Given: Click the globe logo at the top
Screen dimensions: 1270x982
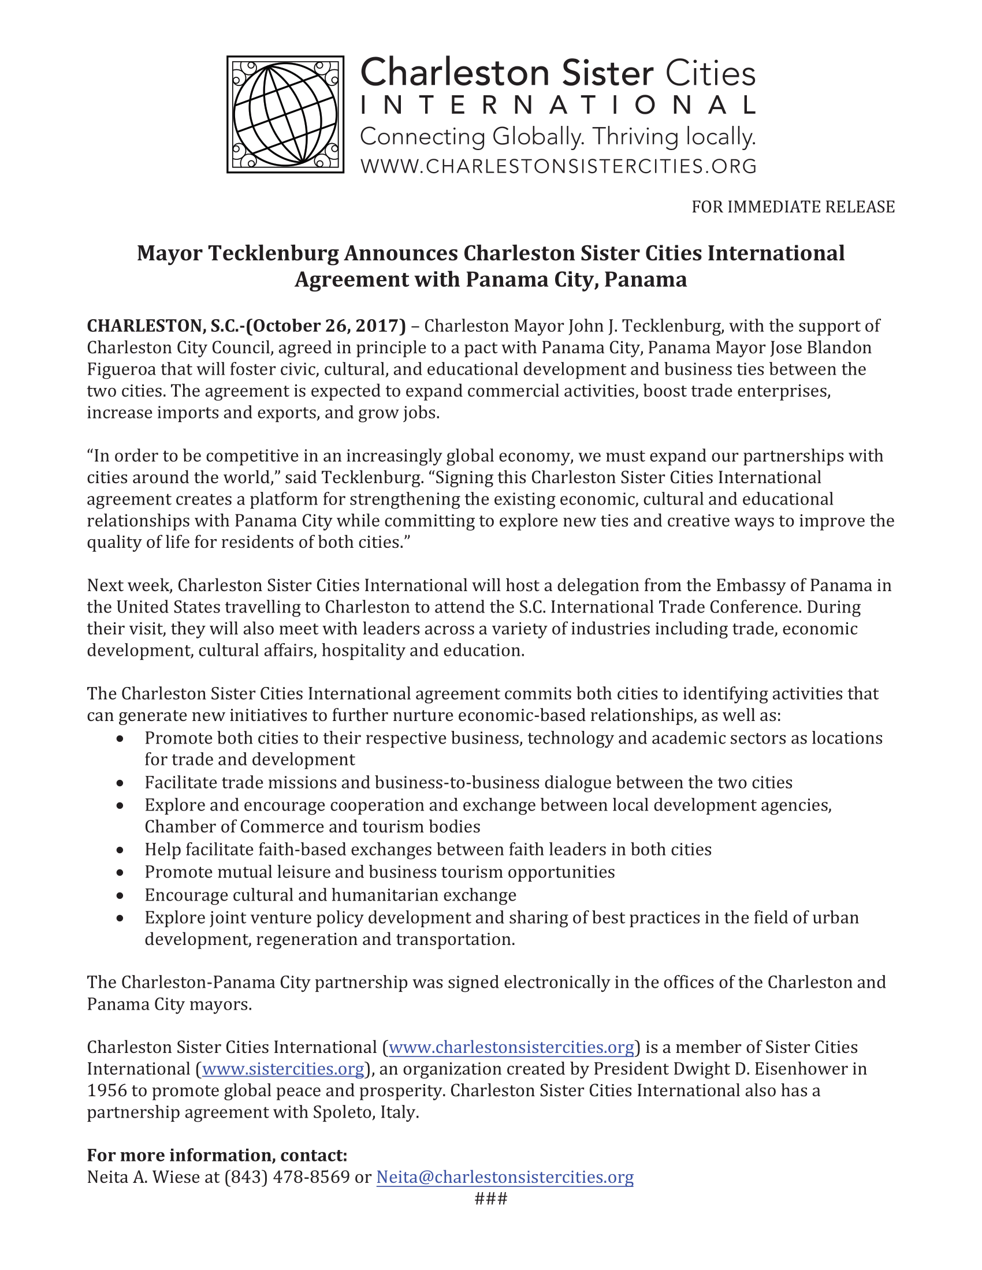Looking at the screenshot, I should pos(285,114).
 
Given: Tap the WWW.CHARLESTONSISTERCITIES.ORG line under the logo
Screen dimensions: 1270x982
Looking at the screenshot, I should pos(558,166).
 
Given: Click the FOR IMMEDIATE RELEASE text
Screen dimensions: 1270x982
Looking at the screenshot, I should pos(793,207).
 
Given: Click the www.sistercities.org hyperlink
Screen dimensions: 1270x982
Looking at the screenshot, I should pos(283,1069).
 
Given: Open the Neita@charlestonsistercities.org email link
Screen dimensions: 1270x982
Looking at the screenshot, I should pos(505,1177).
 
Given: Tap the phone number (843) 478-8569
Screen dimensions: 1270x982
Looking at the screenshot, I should pos(287,1177).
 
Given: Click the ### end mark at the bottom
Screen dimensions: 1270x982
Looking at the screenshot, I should pos(491,1198).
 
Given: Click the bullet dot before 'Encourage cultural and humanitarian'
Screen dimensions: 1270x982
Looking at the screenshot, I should pos(120,895).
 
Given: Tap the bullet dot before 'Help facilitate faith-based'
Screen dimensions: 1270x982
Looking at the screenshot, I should pos(120,850).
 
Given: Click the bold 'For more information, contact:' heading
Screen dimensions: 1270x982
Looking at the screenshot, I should pos(217,1155).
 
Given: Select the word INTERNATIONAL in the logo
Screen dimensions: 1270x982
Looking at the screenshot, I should pos(558,105).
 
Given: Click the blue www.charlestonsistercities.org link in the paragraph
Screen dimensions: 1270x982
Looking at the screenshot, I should pos(511,1047).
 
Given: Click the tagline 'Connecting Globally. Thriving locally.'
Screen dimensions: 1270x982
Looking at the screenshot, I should pos(558,137).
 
